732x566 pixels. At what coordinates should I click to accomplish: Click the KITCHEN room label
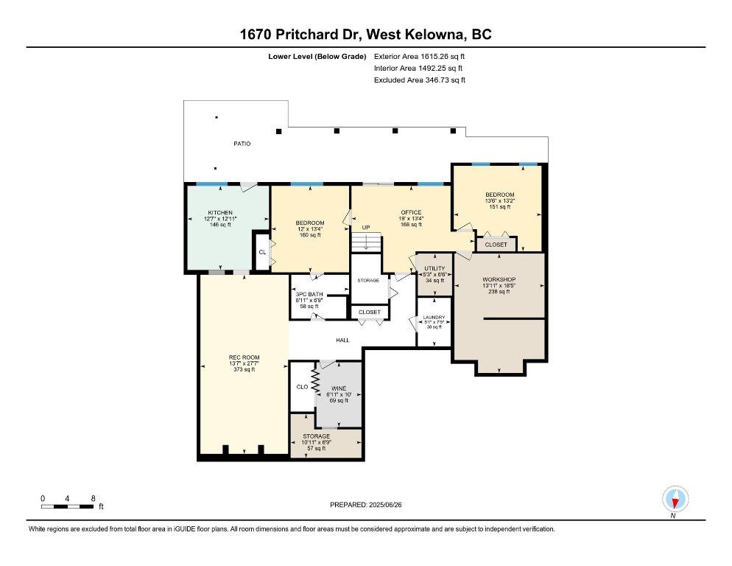tap(219, 212)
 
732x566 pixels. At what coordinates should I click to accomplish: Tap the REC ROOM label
tap(244, 357)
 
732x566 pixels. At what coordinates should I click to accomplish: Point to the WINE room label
tap(339, 388)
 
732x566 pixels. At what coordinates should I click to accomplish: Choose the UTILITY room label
tap(434, 268)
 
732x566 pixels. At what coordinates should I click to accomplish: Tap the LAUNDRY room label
tap(434, 318)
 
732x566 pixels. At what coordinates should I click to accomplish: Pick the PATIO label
tap(242, 144)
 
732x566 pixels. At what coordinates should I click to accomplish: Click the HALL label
tap(343, 340)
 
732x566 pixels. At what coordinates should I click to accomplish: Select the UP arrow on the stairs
tap(366, 242)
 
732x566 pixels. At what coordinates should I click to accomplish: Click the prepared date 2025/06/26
tap(366, 505)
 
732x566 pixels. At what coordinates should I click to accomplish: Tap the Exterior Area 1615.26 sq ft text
tap(420, 55)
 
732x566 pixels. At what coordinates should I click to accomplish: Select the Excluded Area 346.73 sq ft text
tap(420, 80)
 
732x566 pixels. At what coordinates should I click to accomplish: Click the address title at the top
tap(366, 34)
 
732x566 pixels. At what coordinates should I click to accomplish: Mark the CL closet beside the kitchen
tap(261, 252)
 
